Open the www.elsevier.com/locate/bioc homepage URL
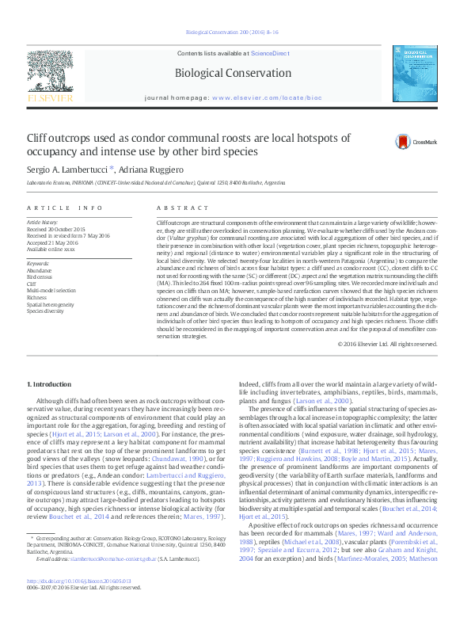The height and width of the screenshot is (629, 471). (256, 99)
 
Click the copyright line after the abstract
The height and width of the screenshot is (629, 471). (387, 344)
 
